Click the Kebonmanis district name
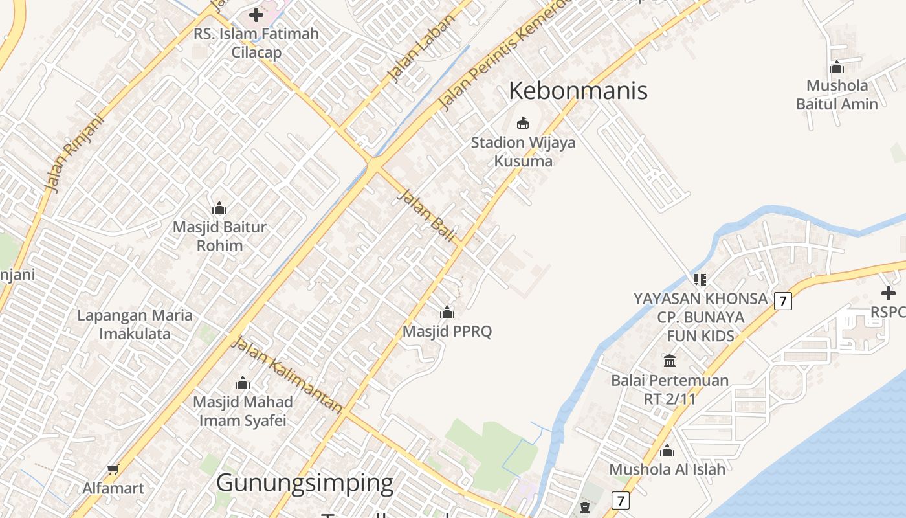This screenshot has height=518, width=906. pyautogui.click(x=578, y=91)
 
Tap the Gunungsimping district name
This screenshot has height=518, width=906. pyautogui.click(x=304, y=483)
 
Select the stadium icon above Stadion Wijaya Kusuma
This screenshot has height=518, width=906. pyautogui.click(x=523, y=123)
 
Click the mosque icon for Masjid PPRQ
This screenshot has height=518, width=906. pyautogui.click(x=447, y=313)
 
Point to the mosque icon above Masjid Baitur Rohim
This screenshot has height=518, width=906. pyautogui.click(x=219, y=208)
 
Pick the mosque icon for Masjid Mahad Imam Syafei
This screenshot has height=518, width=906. pyautogui.click(x=243, y=383)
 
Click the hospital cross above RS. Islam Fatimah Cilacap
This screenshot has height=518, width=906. pyautogui.click(x=256, y=14)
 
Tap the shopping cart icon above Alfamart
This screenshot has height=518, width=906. pyautogui.click(x=113, y=469)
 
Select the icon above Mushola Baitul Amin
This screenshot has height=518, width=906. pyautogui.click(x=837, y=67)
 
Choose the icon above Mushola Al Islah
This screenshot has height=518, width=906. pyautogui.click(x=667, y=451)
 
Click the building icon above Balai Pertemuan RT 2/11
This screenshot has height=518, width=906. pyautogui.click(x=670, y=361)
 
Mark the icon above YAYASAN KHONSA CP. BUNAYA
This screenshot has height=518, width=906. pyautogui.click(x=700, y=280)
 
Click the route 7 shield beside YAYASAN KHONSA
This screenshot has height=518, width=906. pyautogui.click(x=782, y=300)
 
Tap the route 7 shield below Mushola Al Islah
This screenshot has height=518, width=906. pyautogui.click(x=621, y=500)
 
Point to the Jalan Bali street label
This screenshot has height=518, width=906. pyautogui.click(x=426, y=215)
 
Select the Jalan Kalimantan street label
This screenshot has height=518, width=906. pyautogui.click(x=287, y=375)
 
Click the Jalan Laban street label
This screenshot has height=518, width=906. pyautogui.click(x=421, y=49)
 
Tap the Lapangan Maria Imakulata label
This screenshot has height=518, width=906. pyautogui.click(x=135, y=324)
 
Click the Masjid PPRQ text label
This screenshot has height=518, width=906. pyautogui.click(x=447, y=332)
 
